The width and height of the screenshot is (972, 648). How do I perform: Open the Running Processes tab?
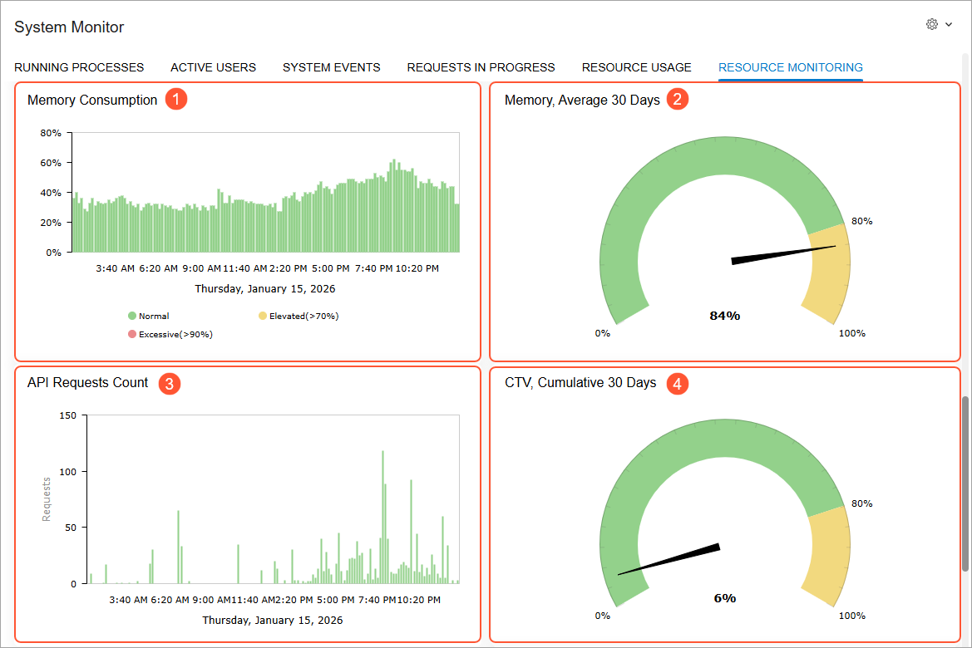[79, 67]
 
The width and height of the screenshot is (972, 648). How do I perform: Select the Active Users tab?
[213, 67]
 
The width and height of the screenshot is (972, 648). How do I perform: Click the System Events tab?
[332, 67]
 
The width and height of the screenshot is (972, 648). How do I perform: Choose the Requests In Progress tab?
[481, 67]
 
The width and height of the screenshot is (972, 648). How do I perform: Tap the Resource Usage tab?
[637, 67]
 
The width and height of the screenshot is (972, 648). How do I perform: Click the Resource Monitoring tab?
[791, 67]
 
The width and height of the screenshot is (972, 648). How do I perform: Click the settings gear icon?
[932, 24]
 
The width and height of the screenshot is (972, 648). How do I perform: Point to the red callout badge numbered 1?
[176, 99]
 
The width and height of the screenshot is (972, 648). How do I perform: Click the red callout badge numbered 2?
[678, 99]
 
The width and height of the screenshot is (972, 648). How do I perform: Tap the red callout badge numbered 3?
[170, 384]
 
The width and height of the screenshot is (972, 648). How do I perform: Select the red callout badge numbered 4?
[678, 384]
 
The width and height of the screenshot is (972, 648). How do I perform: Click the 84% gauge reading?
[725, 316]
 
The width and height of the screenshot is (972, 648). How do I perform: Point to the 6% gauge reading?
[725, 598]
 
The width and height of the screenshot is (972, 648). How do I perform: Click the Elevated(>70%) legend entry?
[299, 316]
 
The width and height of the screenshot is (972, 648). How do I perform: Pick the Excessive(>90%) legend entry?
[170, 335]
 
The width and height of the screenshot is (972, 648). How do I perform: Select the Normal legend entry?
[149, 316]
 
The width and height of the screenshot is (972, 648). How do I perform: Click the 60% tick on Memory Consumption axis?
[51, 163]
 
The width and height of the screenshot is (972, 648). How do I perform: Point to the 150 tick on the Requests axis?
[68, 415]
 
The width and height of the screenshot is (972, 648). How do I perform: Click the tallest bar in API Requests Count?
[383, 518]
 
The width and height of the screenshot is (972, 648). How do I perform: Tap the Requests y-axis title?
[47, 499]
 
